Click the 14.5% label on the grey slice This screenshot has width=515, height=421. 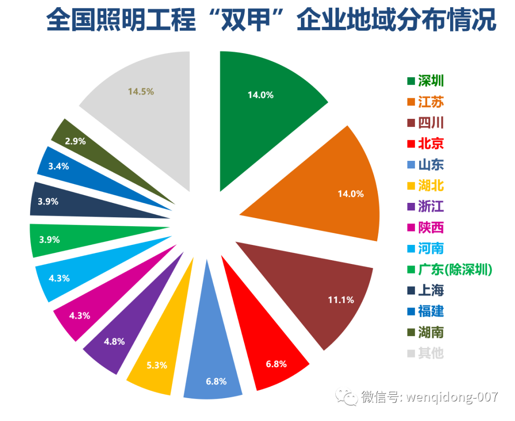tap(141, 91)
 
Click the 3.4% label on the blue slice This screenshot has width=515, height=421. tap(59, 166)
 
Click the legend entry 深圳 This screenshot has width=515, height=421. tap(425, 81)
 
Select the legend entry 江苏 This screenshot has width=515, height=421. tap(425, 102)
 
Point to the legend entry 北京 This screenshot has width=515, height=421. tap(425, 144)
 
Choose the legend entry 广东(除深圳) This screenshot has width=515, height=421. tap(450, 270)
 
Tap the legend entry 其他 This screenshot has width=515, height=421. tap(425, 353)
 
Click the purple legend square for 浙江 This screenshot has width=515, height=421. tap(411, 207)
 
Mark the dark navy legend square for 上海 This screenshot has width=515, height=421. tap(411, 291)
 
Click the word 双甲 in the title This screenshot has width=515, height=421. tap(246, 20)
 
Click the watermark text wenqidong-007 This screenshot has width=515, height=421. tap(452, 397)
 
